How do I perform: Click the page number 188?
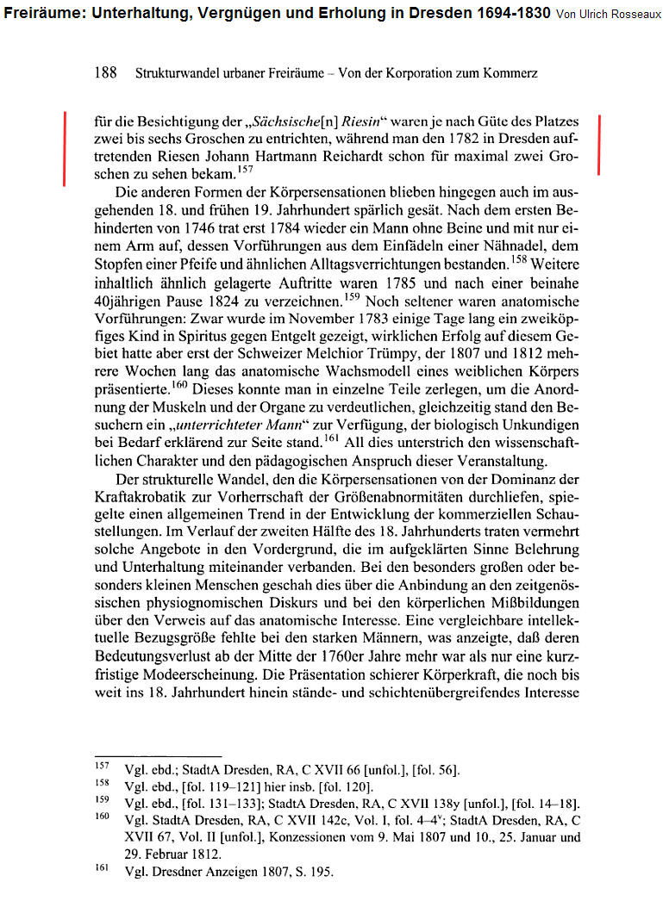105,74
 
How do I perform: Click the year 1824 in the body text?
254,303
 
